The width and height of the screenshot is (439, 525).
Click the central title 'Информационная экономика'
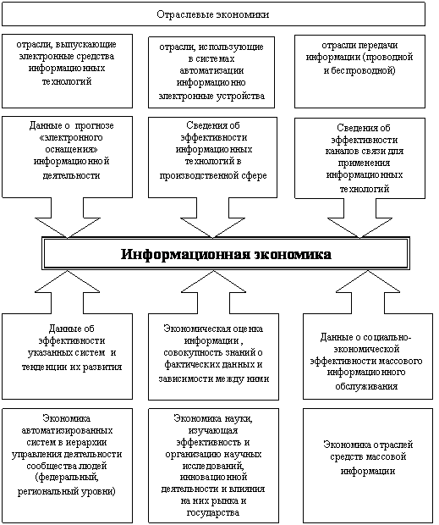click(226, 254)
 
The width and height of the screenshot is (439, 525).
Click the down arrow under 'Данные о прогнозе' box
click(68, 218)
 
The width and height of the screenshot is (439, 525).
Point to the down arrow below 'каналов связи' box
click(359, 218)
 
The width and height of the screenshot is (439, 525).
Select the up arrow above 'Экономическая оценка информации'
click(213, 292)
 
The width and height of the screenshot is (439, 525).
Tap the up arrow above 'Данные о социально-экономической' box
click(368, 292)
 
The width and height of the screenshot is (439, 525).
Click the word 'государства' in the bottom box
click(213, 512)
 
